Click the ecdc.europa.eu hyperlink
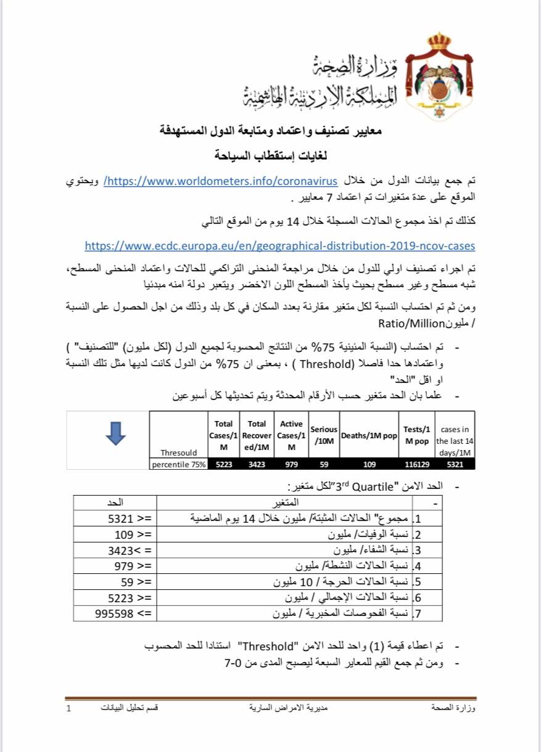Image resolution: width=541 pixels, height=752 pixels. [279, 245]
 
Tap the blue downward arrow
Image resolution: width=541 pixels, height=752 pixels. [115, 433]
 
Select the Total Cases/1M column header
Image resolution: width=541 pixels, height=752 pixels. [223, 436]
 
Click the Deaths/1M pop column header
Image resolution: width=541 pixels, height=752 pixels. [368, 436]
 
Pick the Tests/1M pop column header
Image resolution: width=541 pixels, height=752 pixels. [416, 436]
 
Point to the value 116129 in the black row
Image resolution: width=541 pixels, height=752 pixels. [416, 465]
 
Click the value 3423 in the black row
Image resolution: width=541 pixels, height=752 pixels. [256, 465]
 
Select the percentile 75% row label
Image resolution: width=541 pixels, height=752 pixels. [178, 465]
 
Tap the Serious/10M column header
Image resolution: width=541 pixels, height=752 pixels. [323, 436]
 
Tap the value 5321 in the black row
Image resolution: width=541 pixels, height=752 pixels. [455, 465]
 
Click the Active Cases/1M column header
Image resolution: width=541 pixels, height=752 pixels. [291, 436]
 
